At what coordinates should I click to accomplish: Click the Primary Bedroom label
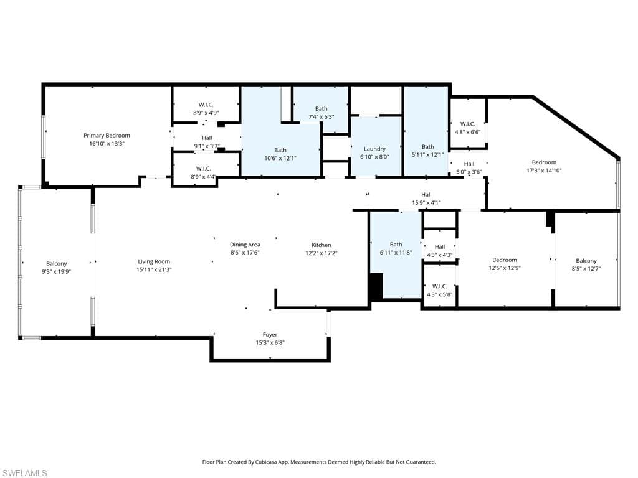coord(107,136)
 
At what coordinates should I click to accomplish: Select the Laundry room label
coord(374,149)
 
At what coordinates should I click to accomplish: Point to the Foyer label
coord(270,335)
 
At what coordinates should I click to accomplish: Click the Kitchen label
coord(321,245)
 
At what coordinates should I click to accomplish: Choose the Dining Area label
coord(245,245)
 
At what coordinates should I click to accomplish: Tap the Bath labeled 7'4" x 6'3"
coord(321,109)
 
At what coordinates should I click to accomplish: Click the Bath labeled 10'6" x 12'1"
coord(280,150)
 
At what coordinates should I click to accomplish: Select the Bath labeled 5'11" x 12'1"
coord(427,147)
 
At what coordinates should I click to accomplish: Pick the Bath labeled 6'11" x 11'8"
coord(396,245)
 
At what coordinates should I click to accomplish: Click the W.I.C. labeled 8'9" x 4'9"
coord(206,105)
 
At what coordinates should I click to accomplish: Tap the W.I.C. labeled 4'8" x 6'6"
coord(467,124)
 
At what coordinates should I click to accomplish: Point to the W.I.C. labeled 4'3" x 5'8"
coord(439,286)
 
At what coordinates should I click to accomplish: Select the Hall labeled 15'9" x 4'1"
coord(426,194)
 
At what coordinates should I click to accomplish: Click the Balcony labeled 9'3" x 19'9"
coord(56,264)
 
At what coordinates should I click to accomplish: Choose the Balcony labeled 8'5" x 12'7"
coord(586,261)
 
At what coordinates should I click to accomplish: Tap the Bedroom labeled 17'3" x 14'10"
coord(544,162)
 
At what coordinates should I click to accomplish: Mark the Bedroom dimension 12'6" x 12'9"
coord(504,268)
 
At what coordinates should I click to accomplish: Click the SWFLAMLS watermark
coord(24,473)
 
